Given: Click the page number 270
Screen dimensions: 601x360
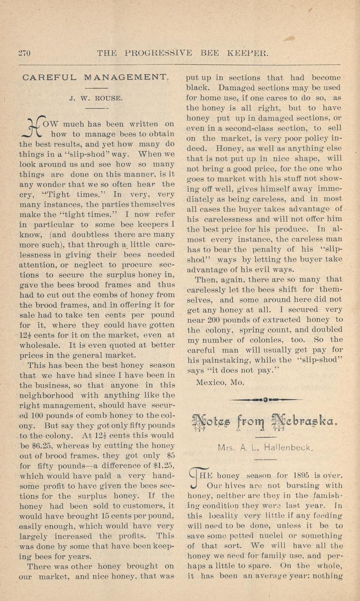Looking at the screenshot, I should [x=24, y=54].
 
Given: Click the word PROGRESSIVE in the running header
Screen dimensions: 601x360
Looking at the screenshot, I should [x=159, y=54].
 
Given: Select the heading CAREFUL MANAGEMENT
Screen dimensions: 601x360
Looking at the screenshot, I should [x=95, y=78].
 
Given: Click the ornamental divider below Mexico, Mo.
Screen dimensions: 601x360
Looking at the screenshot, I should [x=265, y=399].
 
